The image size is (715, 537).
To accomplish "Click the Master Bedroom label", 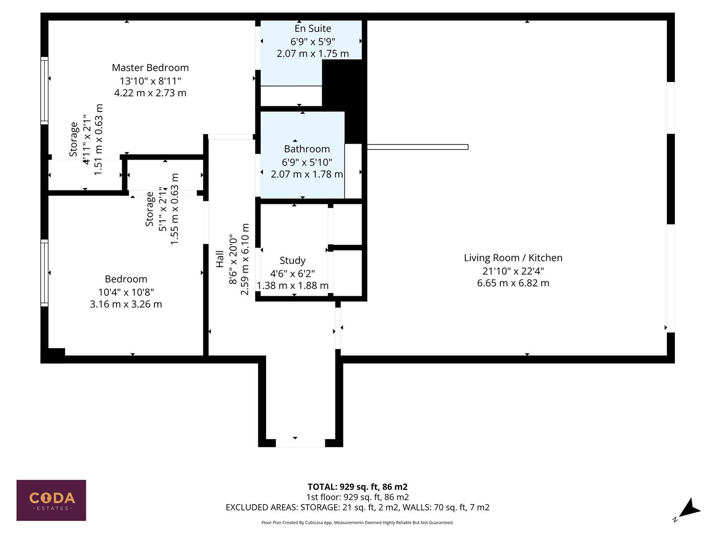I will (150, 68).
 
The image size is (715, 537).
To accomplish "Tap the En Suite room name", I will (313, 29).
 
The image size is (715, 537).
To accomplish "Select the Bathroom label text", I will (306, 149).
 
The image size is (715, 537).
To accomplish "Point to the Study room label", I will (292, 261).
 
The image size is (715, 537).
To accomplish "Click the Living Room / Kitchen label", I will (513, 258).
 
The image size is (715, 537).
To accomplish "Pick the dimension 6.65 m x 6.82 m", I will (513, 283).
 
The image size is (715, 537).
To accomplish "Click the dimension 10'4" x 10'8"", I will (126, 292).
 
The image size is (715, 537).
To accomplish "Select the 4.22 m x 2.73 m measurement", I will (150, 93).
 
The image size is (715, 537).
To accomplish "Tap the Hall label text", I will (220, 259).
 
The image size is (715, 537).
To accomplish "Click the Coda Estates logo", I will (51, 500).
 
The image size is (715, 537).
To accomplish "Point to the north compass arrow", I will (688, 510).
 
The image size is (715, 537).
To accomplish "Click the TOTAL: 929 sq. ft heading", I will (357, 487).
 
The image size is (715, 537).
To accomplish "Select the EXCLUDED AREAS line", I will (357, 508).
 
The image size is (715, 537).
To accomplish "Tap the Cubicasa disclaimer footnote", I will (357, 523).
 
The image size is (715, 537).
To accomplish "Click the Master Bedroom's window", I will (44, 90).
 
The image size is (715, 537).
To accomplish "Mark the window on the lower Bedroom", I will (44, 272).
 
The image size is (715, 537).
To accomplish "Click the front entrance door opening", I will (300, 443).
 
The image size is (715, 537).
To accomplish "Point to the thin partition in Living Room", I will (417, 147).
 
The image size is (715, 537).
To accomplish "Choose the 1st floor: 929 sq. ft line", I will (357, 497).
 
